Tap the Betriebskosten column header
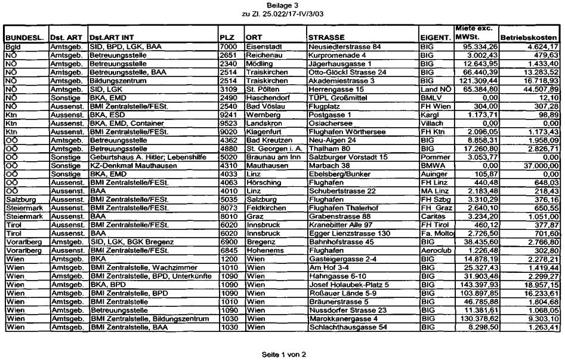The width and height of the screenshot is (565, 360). coord(529,37)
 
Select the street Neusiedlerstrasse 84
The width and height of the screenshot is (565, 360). coord(344,46)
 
